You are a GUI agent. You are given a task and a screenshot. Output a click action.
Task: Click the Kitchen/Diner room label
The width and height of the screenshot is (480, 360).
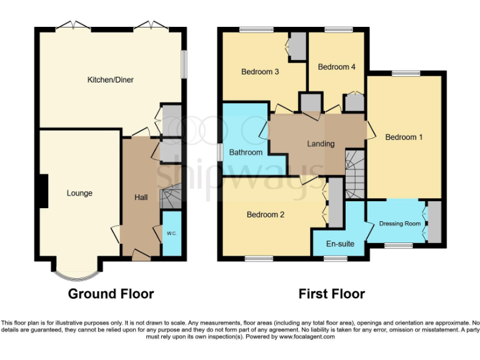point(110,79)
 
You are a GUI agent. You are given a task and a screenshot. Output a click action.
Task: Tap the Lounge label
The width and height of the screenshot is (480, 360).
point(79,193)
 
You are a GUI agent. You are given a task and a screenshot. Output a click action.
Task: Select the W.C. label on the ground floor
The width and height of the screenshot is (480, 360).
point(172,233)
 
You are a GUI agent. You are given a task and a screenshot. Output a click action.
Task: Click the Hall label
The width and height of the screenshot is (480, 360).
point(141,197)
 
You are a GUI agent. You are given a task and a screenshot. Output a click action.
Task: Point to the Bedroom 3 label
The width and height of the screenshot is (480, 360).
point(260,72)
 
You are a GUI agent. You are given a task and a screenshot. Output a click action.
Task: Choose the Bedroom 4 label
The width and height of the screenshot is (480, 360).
point(336,67)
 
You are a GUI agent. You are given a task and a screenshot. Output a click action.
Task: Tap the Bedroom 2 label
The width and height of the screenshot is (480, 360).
point(266,214)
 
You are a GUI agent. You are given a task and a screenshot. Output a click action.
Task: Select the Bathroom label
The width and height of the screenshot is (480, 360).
point(246,152)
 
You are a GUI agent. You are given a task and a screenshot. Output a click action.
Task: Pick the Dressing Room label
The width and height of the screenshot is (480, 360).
point(400,223)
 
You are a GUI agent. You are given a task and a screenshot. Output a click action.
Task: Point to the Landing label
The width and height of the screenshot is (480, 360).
point(321,144)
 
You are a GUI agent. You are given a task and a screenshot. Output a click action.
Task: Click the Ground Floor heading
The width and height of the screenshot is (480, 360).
point(111,294)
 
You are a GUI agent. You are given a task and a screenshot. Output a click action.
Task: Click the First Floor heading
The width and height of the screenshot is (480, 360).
point(331,294)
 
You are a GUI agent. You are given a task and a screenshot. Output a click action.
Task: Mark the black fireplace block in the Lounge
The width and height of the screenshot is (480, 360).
point(43,190)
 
